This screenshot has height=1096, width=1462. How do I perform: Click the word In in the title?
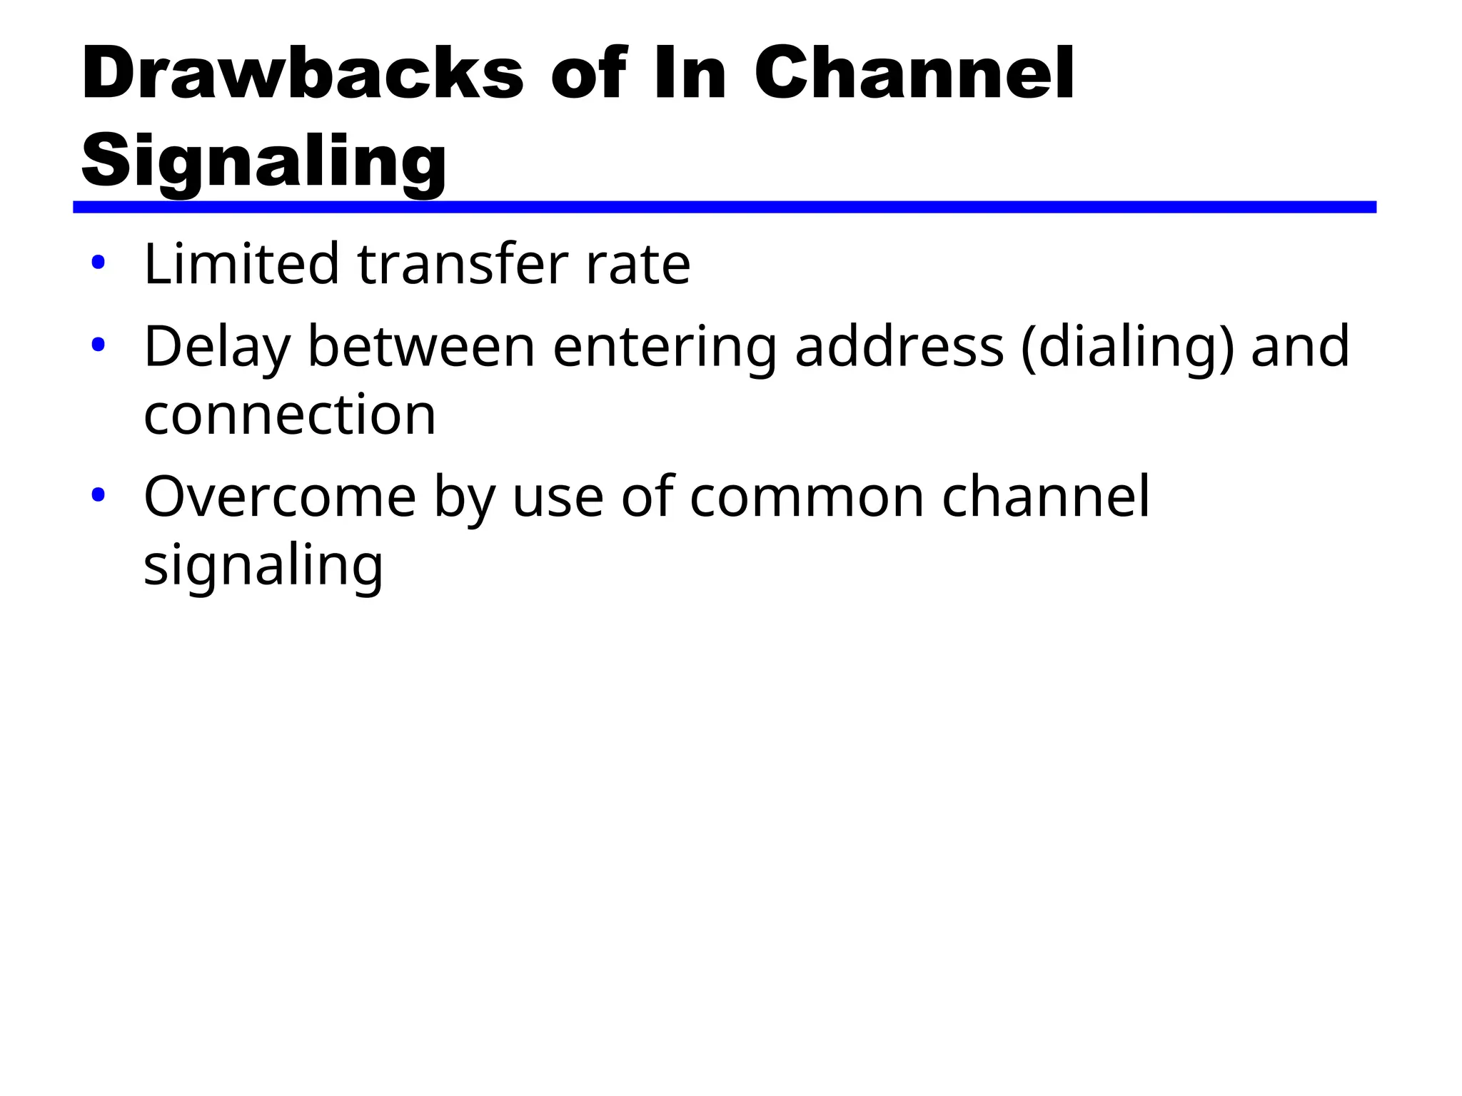coord(690,73)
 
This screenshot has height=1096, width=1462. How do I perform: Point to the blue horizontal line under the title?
coord(724,207)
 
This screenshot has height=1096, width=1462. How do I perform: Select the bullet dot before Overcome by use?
coord(98,495)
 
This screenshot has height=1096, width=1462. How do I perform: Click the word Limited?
coord(241,264)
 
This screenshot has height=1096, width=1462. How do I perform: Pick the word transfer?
coord(463,264)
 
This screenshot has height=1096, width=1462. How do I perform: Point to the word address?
coord(899,347)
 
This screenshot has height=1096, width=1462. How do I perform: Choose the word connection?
coord(290,415)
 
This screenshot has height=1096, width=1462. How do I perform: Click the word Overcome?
coord(280,497)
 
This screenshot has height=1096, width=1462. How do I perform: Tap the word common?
coord(807,497)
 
